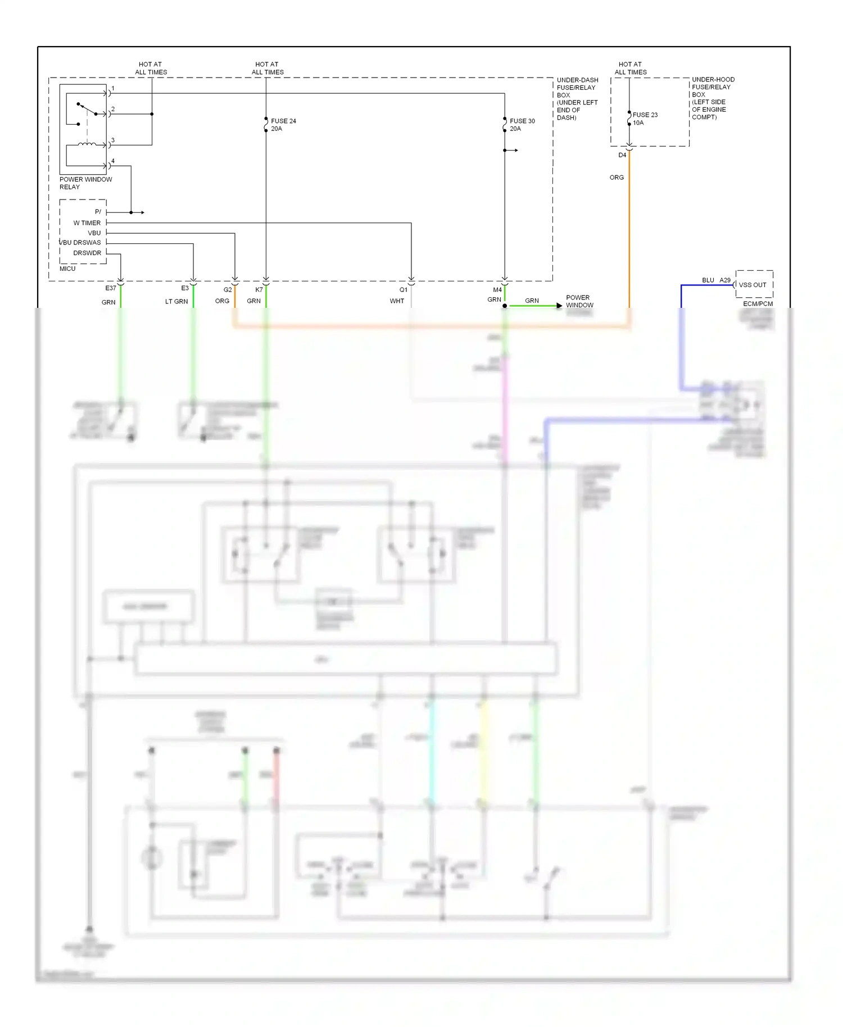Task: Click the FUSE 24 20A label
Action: coord(283,125)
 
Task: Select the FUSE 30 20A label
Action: coord(522,125)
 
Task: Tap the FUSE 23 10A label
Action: coord(645,119)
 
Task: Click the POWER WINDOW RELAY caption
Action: coord(85,183)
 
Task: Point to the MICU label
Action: coord(67,269)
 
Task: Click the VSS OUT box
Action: coord(754,285)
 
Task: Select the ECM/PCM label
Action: coord(758,304)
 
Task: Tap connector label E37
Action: coord(111,288)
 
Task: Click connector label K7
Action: coord(259,290)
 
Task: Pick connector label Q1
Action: coord(404,290)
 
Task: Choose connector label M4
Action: coord(497,290)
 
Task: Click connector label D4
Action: coord(622,155)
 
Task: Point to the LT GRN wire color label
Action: coord(176,302)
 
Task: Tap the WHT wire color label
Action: coord(397,301)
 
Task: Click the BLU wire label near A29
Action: coord(708,280)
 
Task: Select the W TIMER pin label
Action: coord(87,223)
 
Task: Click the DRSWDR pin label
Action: coord(87,253)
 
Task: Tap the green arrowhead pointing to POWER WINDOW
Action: coord(559,306)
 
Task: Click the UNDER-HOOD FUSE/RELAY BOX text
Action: coord(713,98)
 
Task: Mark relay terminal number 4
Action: coord(113,161)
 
